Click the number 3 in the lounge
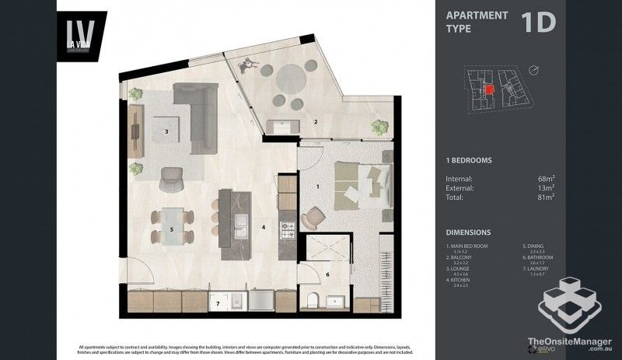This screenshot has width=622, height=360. tap(166, 132)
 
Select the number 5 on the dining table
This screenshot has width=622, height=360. tap(171, 230)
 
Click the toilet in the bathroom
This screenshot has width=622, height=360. tap(312, 302)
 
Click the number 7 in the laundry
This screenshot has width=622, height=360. tap(218, 302)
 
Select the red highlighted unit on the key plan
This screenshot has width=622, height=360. tap(489, 90)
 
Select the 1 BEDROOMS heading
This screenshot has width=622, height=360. tap(469, 160)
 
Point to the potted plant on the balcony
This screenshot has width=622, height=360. tap(379, 126)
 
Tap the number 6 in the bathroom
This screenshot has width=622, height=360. tap(327, 274)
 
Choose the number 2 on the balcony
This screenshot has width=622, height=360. tap(316, 122)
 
